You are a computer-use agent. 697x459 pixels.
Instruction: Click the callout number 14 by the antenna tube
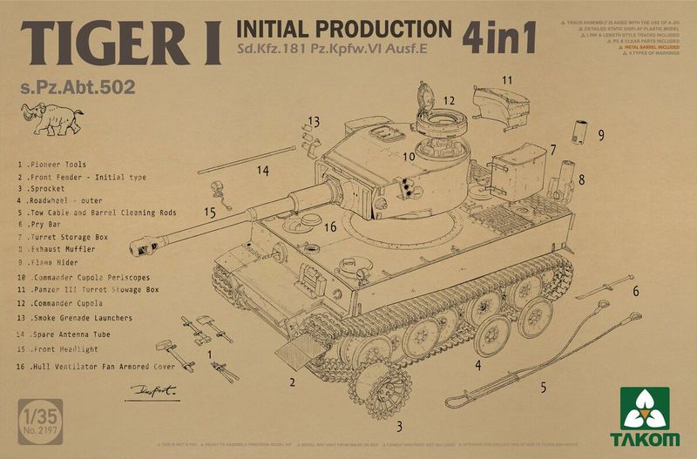262,171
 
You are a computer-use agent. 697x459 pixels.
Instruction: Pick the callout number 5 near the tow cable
543,388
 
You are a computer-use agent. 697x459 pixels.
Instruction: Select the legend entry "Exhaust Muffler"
65,248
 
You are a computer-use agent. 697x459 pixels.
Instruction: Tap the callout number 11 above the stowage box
507,79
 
